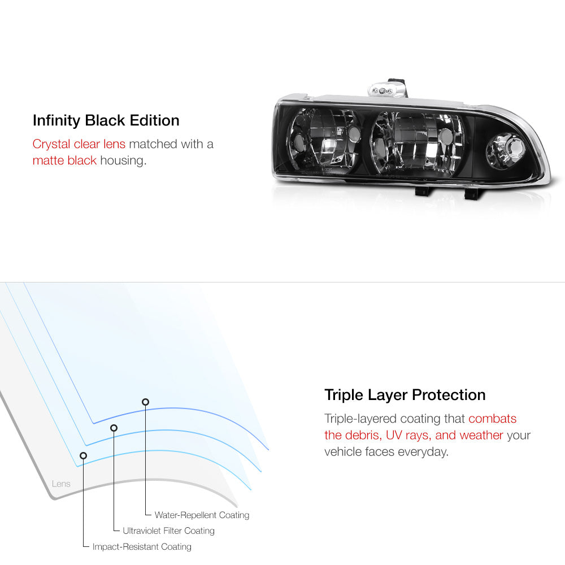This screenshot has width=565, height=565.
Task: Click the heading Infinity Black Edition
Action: pyautogui.click(x=106, y=120)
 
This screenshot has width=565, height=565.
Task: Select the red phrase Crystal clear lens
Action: pyautogui.click(x=79, y=144)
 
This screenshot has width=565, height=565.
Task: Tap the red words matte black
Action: pyautogui.click(x=64, y=160)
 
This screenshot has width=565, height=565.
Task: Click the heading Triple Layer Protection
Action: pyautogui.click(x=405, y=394)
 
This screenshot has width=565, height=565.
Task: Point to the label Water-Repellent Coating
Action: pyautogui.click(x=202, y=515)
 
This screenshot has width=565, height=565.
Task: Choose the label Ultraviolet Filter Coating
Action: pyautogui.click(x=168, y=531)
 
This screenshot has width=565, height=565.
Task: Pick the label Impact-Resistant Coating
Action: pyautogui.click(x=142, y=547)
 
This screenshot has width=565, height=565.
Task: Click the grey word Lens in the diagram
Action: pyautogui.click(x=61, y=484)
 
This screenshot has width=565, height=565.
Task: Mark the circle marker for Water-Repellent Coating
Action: pyautogui.click(x=145, y=402)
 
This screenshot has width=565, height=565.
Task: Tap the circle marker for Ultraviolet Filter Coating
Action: pyautogui.click(x=114, y=428)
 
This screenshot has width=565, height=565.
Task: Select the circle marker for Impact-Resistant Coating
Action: pyautogui.click(x=84, y=455)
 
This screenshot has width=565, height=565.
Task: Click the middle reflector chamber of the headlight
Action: pyautogui.click(x=411, y=144)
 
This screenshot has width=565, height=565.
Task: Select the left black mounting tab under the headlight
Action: pyautogui.click(x=423, y=191)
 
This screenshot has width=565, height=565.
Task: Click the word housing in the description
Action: pyautogui.click(x=123, y=160)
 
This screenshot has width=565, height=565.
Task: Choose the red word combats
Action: pyautogui.click(x=492, y=419)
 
